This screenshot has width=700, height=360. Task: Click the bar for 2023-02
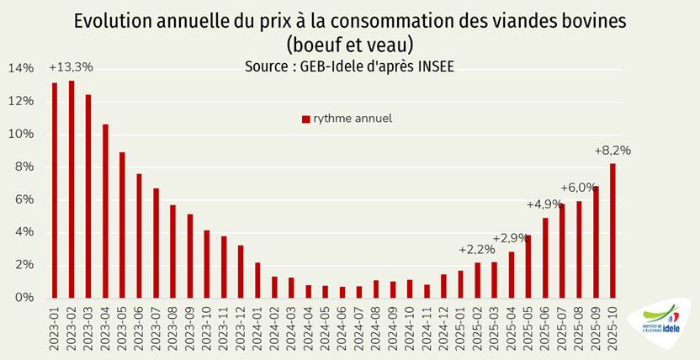point(72,189)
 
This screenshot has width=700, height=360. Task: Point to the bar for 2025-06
point(545,257)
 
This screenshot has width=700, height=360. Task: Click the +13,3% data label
point(71,67)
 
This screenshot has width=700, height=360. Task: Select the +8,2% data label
point(612,151)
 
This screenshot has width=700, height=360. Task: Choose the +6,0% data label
point(578,188)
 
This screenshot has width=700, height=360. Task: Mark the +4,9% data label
point(544,204)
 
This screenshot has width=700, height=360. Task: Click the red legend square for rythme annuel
point(306,119)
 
